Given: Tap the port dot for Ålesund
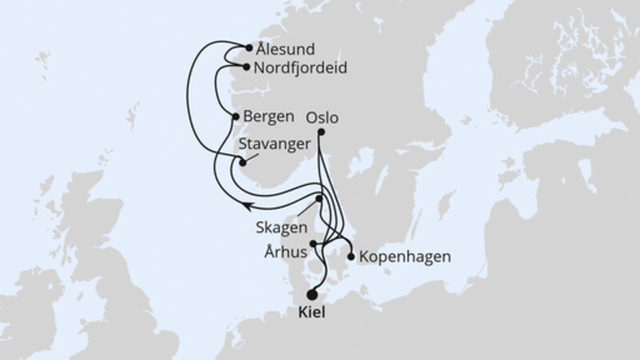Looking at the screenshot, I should click(x=249, y=48).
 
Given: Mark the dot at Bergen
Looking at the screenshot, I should click(x=235, y=117).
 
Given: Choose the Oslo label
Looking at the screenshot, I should click(x=323, y=117).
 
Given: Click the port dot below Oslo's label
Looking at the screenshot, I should click(x=321, y=132).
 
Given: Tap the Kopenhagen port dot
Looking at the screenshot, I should click(x=350, y=257).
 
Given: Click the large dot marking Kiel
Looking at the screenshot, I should click(x=311, y=294).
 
